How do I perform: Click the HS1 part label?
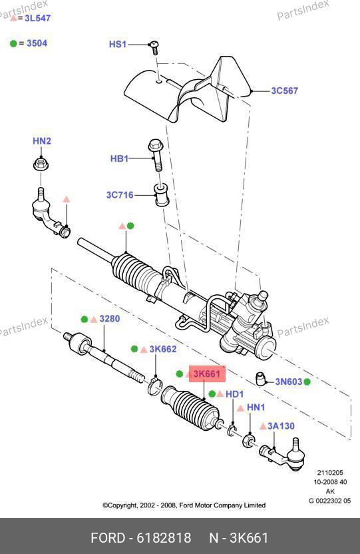click(118, 44)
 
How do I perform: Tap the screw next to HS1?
click(154, 47)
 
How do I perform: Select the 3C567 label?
click(284, 91)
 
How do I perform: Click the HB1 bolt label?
click(119, 158)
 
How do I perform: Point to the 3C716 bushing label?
click(120, 195)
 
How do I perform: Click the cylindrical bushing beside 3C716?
click(162, 195)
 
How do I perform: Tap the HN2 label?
click(42, 141)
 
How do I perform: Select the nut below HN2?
click(41, 165)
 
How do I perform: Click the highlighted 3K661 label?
click(207, 374)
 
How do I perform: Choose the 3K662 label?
click(163, 349)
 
